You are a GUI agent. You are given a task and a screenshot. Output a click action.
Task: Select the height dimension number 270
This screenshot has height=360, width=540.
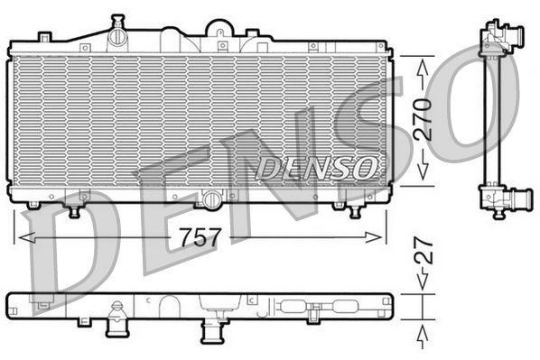point(424,118)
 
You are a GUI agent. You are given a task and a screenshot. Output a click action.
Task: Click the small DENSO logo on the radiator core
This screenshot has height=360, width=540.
point(316,166)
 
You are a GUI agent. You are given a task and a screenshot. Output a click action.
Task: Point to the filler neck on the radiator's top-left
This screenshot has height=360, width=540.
point(116,35)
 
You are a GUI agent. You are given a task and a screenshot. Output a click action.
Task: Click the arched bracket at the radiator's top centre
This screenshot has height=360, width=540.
point(219,29)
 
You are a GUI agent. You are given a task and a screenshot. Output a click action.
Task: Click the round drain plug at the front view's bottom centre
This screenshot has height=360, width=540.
point(210,198)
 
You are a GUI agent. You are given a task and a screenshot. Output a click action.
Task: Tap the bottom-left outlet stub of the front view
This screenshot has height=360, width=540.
point(74,209)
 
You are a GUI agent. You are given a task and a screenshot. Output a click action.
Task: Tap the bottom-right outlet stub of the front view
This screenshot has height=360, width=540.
point(354,208)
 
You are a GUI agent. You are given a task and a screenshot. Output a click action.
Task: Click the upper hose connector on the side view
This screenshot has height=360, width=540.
point(510,33)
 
